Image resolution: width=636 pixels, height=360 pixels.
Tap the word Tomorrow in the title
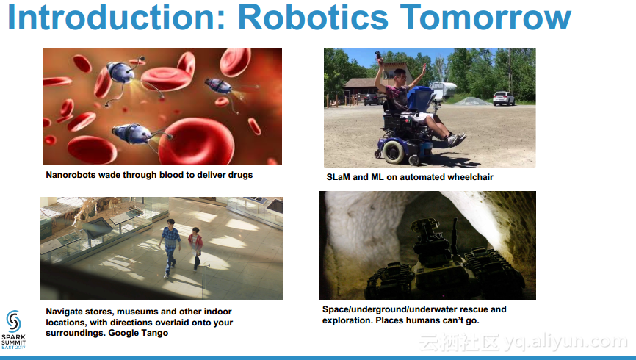(x=485, y=17)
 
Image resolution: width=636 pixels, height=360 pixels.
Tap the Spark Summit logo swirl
(x=13, y=322)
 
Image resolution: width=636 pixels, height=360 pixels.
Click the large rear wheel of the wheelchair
(x=394, y=152)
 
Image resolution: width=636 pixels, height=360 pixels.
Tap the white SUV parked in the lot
(x=503, y=98)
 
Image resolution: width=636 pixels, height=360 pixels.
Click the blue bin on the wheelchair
(x=421, y=98)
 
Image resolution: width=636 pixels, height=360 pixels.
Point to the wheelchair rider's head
(x=400, y=76)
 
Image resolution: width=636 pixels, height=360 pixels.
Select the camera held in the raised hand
(x=378, y=56)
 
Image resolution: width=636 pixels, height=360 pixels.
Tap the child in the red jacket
(x=196, y=248)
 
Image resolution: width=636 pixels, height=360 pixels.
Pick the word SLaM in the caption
(x=339, y=177)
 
